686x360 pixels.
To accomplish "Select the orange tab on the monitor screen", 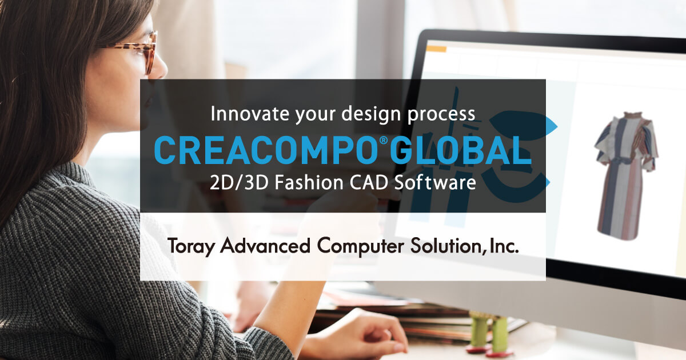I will (436, 49).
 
